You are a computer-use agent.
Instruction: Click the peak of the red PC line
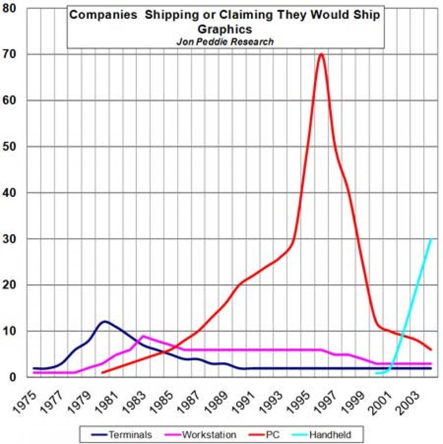coord(321,54)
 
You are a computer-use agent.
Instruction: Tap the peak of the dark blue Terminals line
coord(105,321)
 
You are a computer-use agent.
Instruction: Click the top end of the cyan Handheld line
coord(430,239)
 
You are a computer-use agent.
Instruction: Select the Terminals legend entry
coord(122,434)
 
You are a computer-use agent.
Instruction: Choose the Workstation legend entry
coord(200,434)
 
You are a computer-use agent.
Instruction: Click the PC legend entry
coord(264,434)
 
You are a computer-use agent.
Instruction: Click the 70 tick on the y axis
coord(9,54)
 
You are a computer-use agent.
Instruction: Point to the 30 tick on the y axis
coord(9,239)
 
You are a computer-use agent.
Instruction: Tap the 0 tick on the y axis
coord(13,377)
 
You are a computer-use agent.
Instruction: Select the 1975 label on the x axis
coord(25,403)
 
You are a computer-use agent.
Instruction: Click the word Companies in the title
coord(103,15)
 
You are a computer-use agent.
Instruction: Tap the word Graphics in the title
coord(225,29)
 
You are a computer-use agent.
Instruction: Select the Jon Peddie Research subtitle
coord(225,42)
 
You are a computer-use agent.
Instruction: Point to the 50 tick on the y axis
coord(9,146)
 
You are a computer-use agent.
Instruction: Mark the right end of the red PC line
coord(431,350)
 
